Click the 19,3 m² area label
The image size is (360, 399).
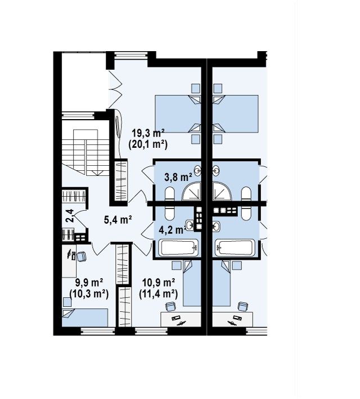[x=148, y=133]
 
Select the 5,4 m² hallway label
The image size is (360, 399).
[x=118, y=219]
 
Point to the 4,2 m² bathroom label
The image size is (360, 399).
[x=173, y=230]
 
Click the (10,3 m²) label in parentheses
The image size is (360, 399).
[x=89, y=294]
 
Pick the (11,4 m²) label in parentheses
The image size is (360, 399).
[x=159, y=294]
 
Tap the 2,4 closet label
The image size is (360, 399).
[x=69, y=216]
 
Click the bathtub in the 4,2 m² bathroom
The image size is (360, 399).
[x=178, y=248]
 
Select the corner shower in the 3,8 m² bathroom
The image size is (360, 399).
[x=191, y=191]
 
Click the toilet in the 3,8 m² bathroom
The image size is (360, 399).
[x=169, y=194]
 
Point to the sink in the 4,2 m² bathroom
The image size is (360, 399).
[x=190, y=225]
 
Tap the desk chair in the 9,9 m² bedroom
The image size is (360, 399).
[x=81, y=256]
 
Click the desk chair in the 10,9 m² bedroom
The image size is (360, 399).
[x=170, y=306]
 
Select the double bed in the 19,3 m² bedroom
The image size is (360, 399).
[x=178, y=114]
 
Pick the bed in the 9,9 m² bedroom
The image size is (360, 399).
[x=85, y=318]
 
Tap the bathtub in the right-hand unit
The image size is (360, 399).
[x=235, y=248]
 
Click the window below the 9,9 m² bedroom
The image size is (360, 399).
[x=98, y=331]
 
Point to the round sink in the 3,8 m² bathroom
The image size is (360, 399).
[x=197, y=170]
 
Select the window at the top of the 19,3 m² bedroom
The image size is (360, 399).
[x=131, y=56]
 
